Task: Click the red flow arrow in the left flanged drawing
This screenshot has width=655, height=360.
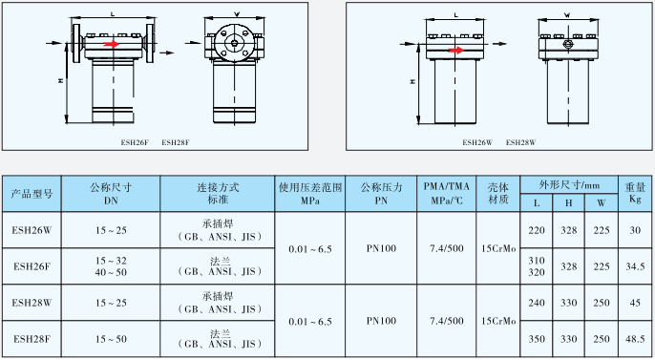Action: [113, 44]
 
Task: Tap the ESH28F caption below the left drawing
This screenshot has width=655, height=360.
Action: [176, 142]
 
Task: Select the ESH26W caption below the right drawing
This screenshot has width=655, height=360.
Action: [476, 141]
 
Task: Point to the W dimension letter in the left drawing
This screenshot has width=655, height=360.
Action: [236, 14]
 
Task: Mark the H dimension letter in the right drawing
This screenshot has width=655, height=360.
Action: [412, 82]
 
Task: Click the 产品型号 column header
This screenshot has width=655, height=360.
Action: [32, 194]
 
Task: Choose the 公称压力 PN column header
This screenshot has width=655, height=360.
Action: [381, 194]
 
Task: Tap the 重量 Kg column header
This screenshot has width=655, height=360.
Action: [634, 194]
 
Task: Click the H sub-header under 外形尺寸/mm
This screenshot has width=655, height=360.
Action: [568, 202]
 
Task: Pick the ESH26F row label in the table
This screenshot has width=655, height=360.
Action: [32, 266]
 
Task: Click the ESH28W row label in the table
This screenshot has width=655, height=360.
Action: [32, 303]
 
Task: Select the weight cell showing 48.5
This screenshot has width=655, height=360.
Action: [634, 339]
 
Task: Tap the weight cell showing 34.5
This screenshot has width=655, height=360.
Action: [634, 266]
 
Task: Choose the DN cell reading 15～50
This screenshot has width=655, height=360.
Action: [111, 339]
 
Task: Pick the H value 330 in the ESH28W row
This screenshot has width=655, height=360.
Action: [568, 303]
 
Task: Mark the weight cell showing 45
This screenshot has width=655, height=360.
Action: [634, 303]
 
